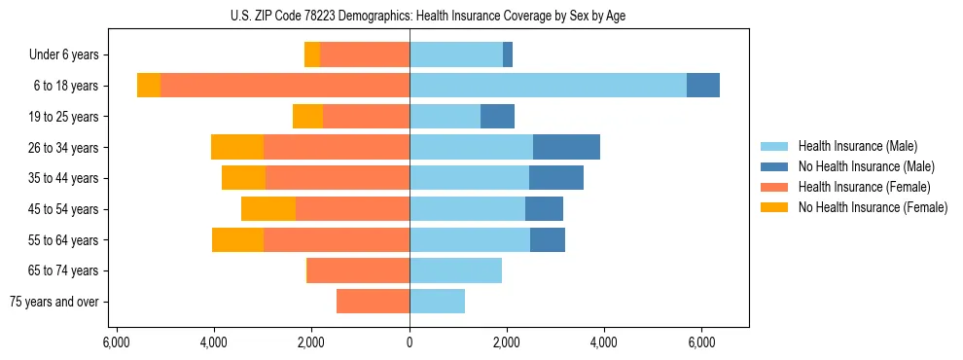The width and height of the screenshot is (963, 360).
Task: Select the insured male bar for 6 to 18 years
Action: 548,86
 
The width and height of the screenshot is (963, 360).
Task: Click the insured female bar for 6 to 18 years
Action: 284,86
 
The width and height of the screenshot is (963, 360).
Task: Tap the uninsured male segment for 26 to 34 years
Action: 566,147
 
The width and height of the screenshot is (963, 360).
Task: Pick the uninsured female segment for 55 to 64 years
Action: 237,239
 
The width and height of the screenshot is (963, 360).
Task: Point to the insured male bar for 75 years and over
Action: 437,302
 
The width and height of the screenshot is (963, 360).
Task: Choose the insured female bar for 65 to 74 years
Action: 358,270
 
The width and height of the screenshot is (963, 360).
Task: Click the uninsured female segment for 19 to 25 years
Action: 307,117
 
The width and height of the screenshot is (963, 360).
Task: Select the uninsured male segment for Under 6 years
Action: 508,55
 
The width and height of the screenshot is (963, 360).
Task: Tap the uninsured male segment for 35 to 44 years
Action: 556,178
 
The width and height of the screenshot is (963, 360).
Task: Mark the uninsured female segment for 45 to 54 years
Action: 268,209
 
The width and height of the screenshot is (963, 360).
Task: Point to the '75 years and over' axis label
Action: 53,302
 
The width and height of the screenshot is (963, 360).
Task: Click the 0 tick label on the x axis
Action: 410,342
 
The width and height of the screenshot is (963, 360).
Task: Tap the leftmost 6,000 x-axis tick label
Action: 116,342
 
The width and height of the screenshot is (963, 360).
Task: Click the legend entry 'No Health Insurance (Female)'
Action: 873,207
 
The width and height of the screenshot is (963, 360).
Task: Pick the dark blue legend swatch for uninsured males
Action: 774,166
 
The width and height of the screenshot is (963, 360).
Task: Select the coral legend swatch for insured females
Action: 774,187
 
